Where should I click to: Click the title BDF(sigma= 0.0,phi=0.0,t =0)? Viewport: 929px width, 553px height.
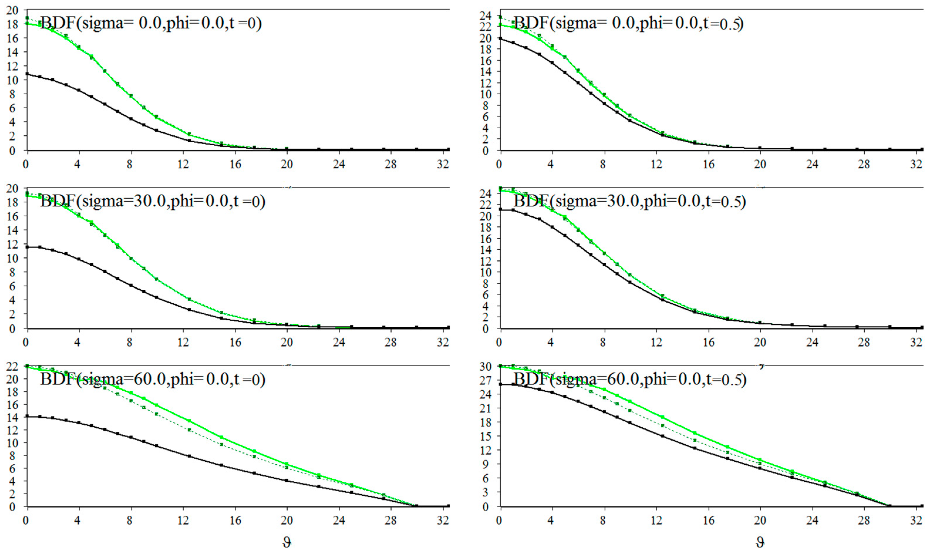[151, 23]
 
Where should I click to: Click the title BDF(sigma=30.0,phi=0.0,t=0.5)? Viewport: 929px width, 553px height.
[630, 201]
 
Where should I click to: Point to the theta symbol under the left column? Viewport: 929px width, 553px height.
[286, 542]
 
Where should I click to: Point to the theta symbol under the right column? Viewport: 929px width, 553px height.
[760, 542]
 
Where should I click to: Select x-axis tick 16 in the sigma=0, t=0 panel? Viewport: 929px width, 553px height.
[235, 164]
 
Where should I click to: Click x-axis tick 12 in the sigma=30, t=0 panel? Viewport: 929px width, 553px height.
[183, 343]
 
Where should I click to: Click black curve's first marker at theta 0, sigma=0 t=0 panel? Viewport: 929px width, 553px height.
[27, 74]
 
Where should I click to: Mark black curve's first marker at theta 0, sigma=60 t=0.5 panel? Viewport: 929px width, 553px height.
[500, 384]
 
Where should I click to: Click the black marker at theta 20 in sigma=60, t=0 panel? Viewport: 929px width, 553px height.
[286, 480]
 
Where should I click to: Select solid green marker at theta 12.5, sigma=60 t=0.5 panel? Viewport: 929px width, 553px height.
[662, 417]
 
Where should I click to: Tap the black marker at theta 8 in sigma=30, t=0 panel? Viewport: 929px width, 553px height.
[131, 285]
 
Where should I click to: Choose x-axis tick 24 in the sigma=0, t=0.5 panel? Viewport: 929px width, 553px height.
[812, 164]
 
